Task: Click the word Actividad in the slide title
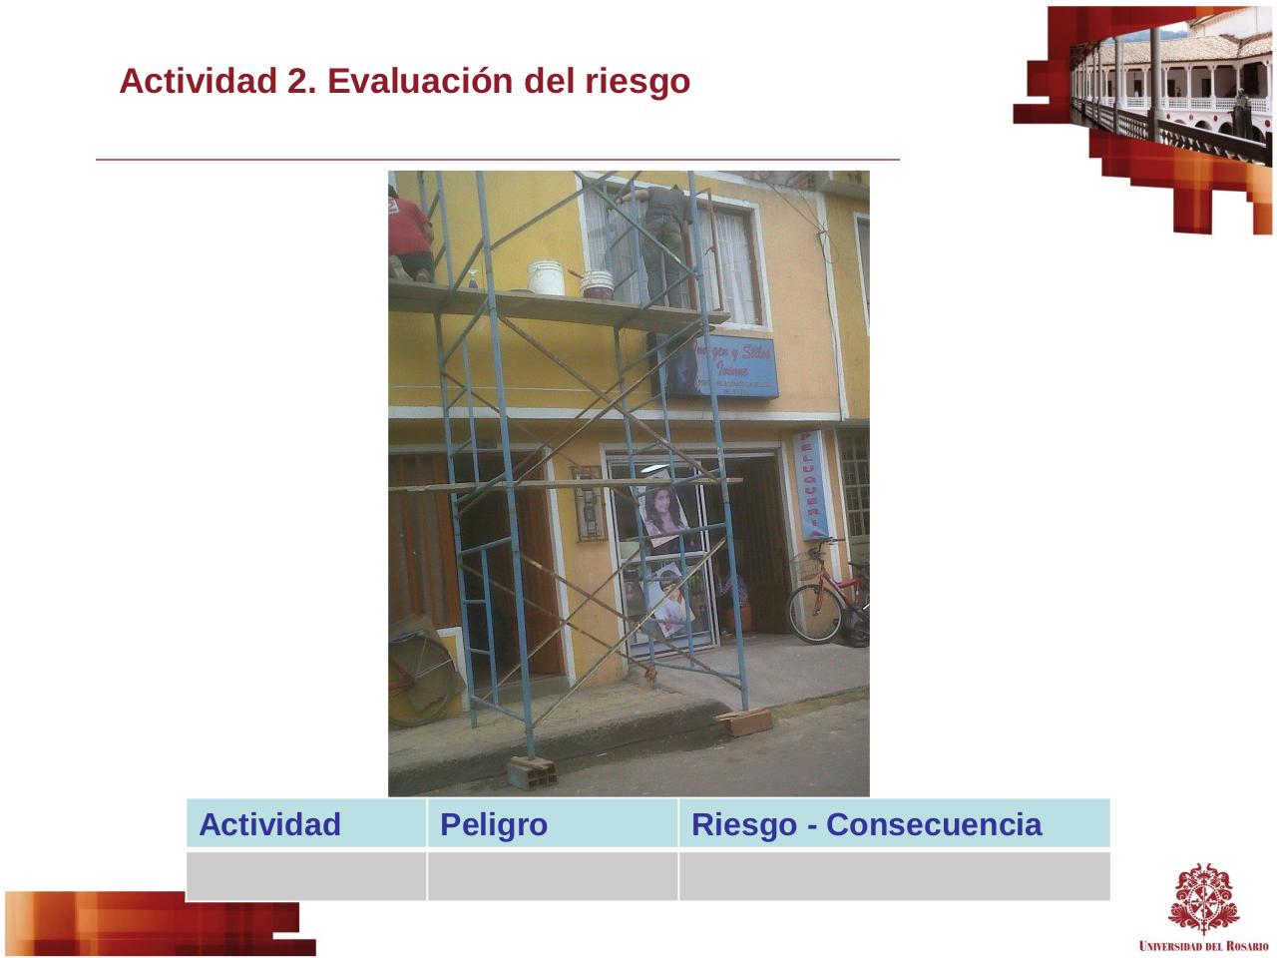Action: coord(199,82)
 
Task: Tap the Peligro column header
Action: coord(494,825)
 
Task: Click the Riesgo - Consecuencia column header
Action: coord(866,825)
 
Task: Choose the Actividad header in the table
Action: coord(269,825)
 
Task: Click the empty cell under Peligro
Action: coord(552,876)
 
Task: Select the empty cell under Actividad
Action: coord(306,876)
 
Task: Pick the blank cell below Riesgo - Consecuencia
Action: coord(894,876)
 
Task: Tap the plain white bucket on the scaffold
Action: coord(546,277)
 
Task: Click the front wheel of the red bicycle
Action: coord(815,613)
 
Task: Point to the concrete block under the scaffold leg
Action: coord(531,770)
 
